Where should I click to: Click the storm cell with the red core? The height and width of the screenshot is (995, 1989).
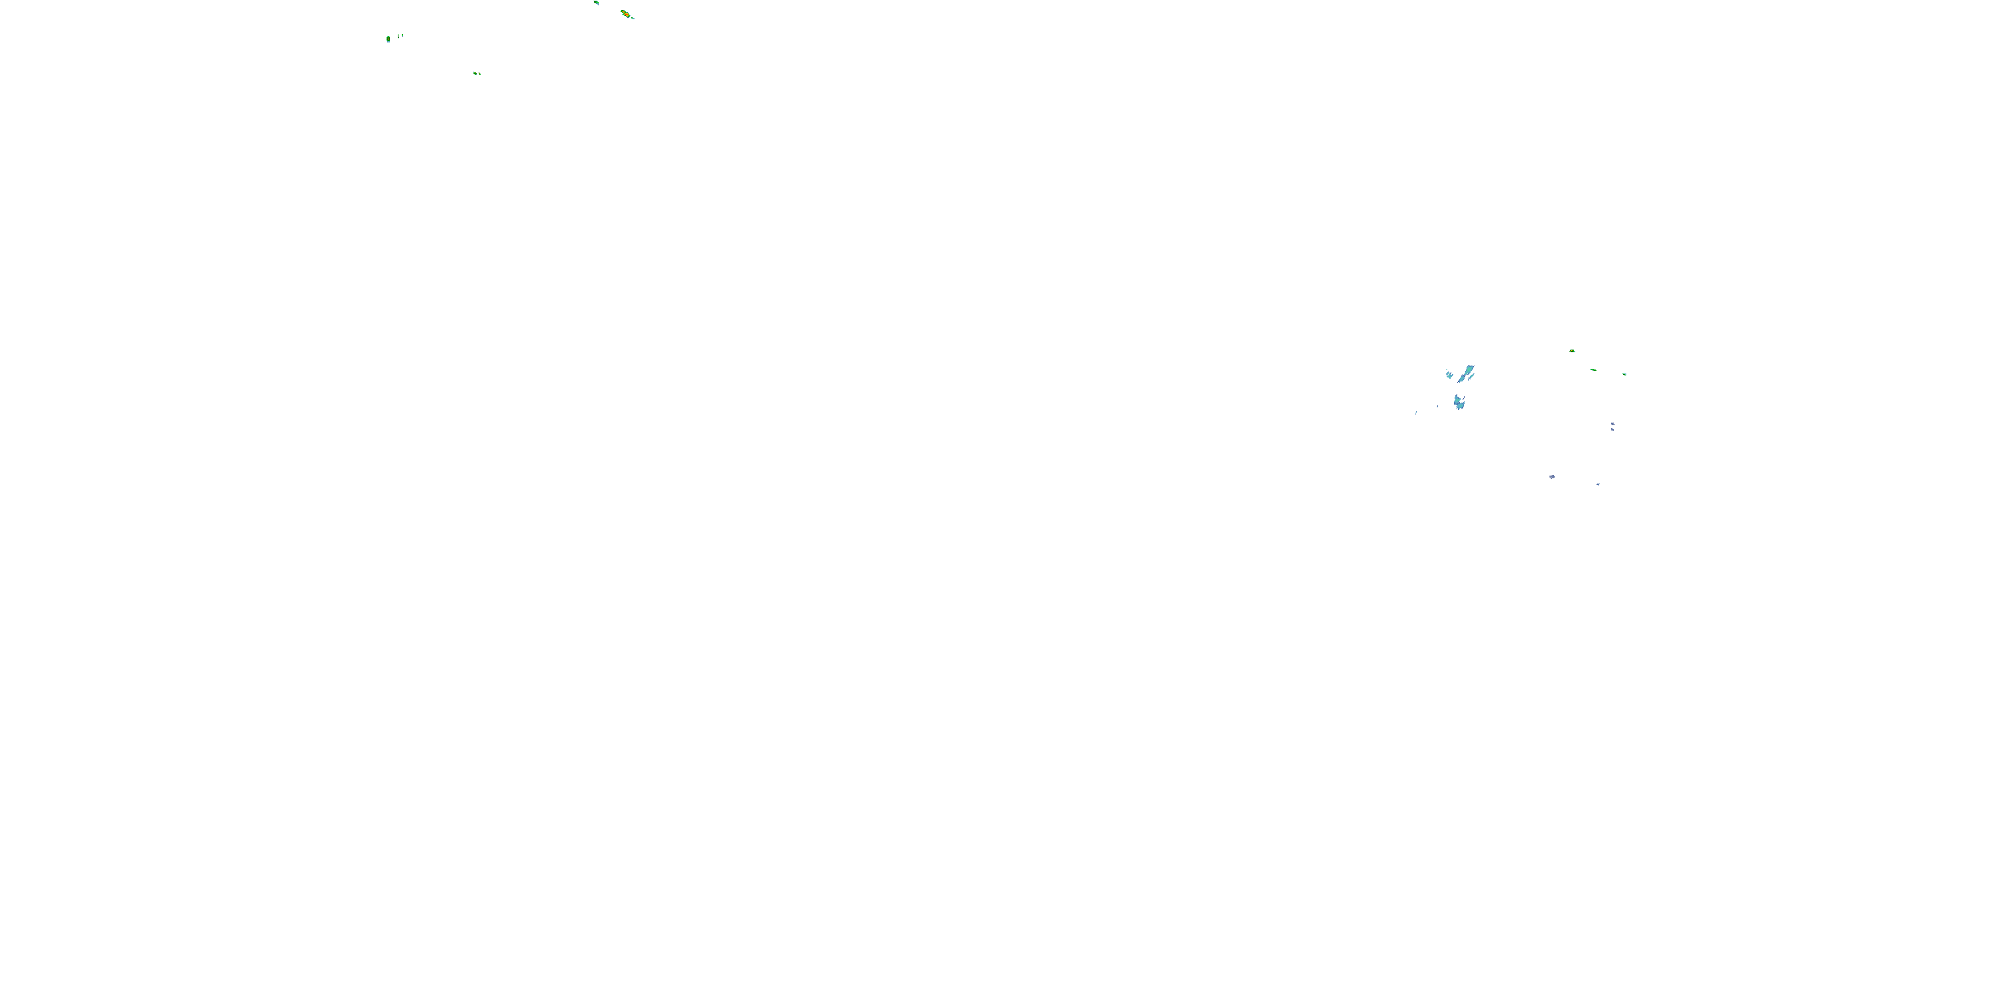click(x=625, y=14)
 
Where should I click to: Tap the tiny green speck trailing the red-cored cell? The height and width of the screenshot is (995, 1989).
click(x=633, y=18)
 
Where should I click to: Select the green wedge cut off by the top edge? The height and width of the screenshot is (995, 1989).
click(x=596, y=2)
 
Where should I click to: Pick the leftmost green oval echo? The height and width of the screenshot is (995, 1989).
click(x=389, y=38)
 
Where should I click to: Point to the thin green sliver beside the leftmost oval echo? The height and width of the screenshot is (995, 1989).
click(x=399, y=36)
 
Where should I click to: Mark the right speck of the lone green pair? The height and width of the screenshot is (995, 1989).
click(x=479, y=74)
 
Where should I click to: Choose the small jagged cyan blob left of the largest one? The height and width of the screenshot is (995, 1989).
click(x=1449, y=375)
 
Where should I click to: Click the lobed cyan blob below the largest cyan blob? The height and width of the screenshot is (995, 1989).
click(x=1459, y=402)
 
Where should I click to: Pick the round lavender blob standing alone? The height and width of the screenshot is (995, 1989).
click(x=1552, y=477)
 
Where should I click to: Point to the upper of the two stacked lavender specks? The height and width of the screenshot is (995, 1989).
click(x=1612, y=424)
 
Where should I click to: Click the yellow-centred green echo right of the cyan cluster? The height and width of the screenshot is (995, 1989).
click(x=1572, y=351)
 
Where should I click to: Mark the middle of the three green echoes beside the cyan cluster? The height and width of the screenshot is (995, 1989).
click(x=1593, y=369)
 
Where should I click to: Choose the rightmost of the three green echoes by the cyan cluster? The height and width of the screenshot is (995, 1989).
click(x=1624, y=374)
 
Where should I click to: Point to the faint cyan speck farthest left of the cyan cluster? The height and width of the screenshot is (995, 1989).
click(x=1416, y=413)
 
